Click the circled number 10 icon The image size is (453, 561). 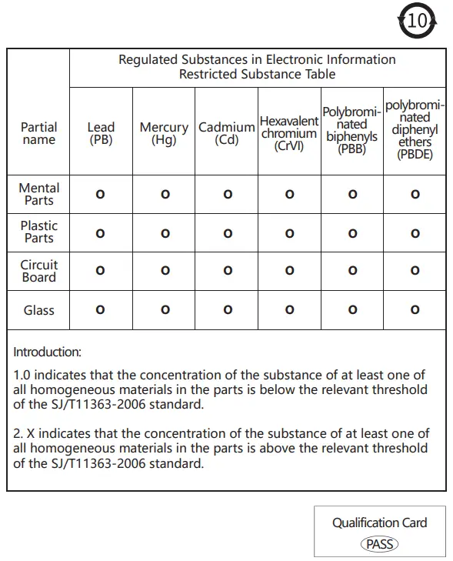tap(417, 21)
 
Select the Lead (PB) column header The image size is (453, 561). tap(101, 133)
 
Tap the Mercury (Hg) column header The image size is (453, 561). tap(164, 133)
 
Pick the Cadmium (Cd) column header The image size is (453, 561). tap(227, 133)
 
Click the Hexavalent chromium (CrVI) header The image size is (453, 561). tap(289, 133)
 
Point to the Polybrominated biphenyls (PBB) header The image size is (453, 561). tap(351, 131)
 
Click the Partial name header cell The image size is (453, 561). tap(39, 133)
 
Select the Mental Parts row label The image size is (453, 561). tap(39, 194)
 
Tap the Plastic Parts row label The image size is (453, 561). tap(39, 232)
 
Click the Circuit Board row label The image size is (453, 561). tap(39, 270)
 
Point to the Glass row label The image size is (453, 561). tap(39, 310)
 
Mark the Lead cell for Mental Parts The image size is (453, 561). tap(100, 195)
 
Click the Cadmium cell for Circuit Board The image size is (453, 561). tap(228, 271)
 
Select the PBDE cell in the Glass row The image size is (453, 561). tap(415, 310)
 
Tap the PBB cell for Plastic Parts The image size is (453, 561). tap(352, 233)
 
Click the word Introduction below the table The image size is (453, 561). tap(47, 352)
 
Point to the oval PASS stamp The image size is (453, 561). tap(379, 544)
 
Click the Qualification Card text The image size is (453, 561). tap(379, 523)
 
